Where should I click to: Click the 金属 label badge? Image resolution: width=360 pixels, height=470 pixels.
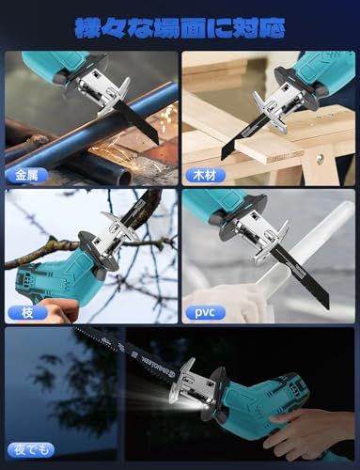point(27,175)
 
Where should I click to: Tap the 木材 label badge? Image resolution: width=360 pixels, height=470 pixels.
point(205,175)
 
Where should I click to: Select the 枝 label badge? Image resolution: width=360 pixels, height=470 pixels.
point(27,312)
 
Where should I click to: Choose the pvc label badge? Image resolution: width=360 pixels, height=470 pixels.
point(205,312)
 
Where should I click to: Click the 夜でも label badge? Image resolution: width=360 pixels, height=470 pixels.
point(31,450)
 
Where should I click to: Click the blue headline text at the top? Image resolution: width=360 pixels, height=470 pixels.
point(180,28)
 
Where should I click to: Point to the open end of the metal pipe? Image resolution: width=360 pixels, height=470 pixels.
point(125,178)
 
